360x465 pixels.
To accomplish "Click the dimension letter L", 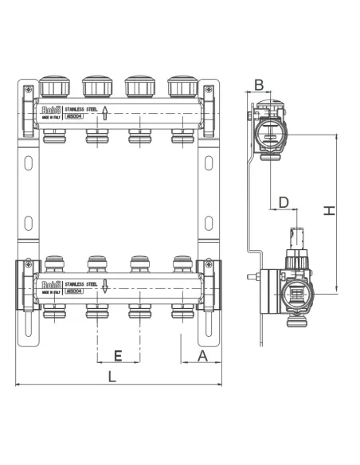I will (112, 377).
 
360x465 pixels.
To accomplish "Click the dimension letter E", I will (119, 354).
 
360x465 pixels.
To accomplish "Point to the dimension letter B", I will (259, 84).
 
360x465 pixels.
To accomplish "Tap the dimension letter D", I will (284, 202).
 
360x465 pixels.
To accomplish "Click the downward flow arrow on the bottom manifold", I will (104, 286).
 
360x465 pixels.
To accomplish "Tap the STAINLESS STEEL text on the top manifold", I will (80, 107).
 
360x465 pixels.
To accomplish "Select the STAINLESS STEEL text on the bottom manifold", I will (80, 283).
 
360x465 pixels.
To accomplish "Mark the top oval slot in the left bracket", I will (29, 162).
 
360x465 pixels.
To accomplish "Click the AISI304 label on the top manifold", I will (74, 115).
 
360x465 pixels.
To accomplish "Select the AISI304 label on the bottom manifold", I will (74, 291).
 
